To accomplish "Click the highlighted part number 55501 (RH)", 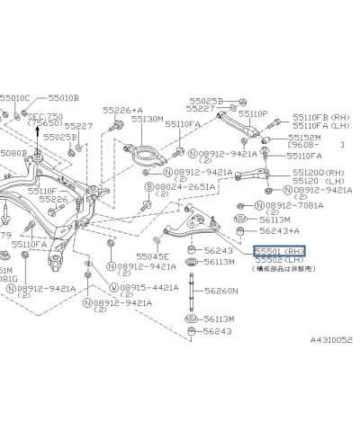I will tap(279, 252).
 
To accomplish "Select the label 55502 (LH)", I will tap(278, 261).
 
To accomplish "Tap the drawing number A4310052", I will tap(331, 341).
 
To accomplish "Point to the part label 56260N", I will tap(220, 292).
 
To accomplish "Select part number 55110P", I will tap(249, 114).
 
